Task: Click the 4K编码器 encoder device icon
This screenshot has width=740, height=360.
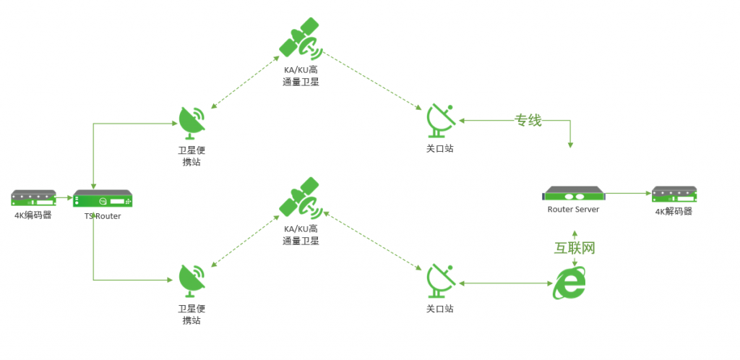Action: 33,197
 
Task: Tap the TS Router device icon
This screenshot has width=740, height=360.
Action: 103,199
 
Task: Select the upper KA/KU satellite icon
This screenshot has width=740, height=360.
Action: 301,38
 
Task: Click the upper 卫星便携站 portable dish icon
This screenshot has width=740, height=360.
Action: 192,123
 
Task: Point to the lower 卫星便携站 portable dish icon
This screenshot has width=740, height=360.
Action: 192,282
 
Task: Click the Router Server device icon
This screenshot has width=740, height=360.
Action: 573,194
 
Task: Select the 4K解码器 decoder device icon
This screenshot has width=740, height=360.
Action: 674,195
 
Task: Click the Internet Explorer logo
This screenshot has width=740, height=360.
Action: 569,283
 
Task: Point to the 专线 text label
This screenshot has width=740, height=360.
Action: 528,121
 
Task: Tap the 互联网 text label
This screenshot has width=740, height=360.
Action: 575,248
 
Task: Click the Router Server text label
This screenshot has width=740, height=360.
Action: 573,209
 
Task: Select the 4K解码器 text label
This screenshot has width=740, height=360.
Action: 674,211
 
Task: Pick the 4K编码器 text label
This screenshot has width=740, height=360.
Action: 33,215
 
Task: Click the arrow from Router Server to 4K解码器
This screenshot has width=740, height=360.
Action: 628,194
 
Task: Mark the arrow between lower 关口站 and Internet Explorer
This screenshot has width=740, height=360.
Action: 505,283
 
